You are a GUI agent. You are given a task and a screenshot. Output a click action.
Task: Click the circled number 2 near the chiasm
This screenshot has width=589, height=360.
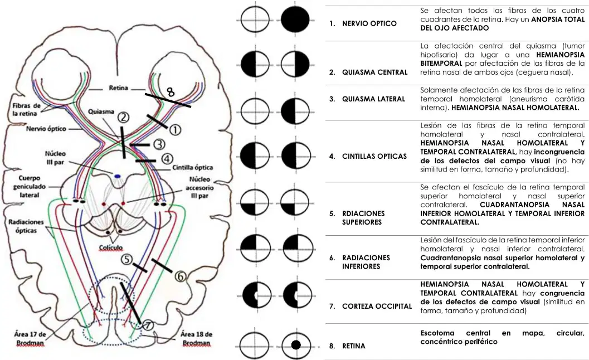[x=123, y=118]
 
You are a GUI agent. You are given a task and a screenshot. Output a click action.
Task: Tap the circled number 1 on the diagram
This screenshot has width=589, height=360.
[x=175, y=130]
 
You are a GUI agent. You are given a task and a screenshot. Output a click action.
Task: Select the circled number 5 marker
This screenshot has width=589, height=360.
[x=126, y=259]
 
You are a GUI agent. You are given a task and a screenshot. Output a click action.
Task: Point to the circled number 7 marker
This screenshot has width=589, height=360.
[x=148, y=325]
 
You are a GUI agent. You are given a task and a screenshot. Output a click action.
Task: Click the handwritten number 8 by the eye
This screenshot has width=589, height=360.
[x=171, y=92]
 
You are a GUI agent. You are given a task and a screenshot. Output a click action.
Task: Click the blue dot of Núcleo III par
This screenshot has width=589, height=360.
[x=118, y=176]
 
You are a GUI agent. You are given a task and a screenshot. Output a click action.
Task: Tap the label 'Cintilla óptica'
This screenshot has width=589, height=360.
[x=193, y=168]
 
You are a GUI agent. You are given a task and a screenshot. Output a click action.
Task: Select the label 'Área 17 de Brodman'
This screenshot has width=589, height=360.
[x=30, y=339]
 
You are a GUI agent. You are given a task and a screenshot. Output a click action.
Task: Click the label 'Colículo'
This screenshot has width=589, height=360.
[x=111, y=247]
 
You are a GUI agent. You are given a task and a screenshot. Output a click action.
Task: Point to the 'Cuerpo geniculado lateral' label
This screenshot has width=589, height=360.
[x=30, y=186]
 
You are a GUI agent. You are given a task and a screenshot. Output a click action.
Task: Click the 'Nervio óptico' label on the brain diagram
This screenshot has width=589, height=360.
[x=46, y=129]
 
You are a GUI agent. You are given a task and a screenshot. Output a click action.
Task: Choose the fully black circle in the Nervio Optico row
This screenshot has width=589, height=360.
[x=295, y=20]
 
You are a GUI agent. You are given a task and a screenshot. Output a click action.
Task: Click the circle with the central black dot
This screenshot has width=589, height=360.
[x=296, y=345]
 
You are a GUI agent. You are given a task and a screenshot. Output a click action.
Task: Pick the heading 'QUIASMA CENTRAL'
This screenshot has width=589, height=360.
[x=374, y=72]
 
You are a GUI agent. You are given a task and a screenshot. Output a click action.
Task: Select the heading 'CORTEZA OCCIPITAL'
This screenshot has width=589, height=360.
[x=377, y=307]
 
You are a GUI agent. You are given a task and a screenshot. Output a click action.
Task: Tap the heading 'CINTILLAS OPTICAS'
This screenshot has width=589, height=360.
[x=374, y=157]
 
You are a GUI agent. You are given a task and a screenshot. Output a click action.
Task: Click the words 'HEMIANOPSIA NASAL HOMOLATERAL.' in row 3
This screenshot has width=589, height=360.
[x=515, y=108]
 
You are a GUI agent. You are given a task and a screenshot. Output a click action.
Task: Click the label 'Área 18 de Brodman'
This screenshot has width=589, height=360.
[x=196, y=339]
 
